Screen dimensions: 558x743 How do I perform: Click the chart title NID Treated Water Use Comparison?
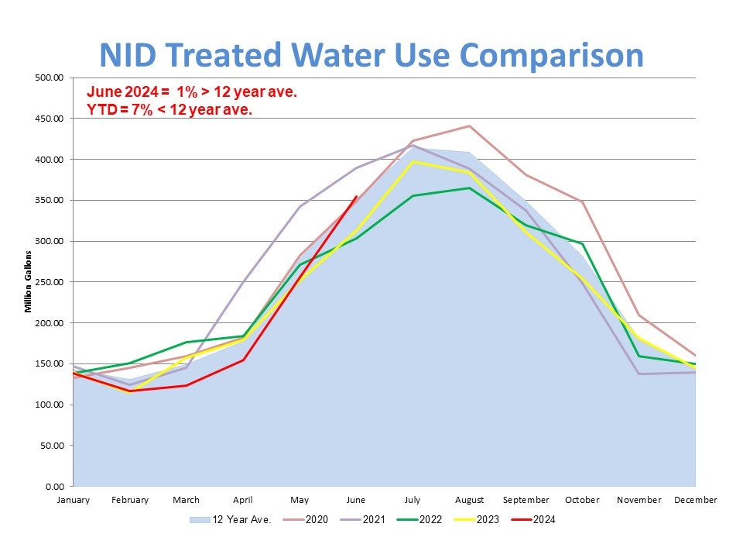coord(371,55)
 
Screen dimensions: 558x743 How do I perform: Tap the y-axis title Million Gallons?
coord(29,281)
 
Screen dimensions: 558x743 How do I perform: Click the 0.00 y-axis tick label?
coord(54,486)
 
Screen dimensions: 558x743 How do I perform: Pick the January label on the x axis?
coord(73,500)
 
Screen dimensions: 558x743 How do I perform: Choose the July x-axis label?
coord(413,500)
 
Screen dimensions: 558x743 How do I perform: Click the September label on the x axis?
coord(526,500)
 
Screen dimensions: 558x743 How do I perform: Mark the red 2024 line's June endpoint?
coord(356,196)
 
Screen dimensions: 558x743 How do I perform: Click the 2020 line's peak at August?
coord(469,126)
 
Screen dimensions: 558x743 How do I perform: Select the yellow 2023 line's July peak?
coord(413,161)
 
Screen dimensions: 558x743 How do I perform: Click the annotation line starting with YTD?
coord(169,110)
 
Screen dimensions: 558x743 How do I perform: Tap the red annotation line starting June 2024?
coord(192,92)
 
